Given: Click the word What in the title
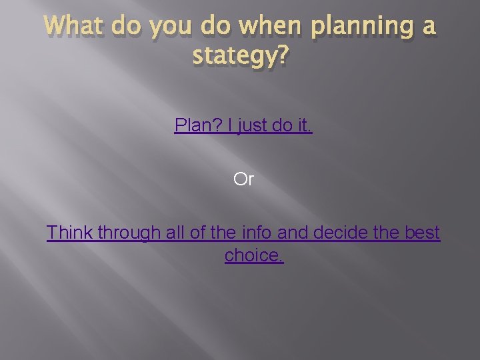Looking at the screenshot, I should tap(73, 27).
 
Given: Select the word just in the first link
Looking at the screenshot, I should tap(252, 125).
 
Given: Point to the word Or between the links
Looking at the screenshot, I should tap(243, 179).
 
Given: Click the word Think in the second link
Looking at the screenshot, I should tap(70, 233).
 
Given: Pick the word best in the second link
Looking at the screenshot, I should tap(423, 233).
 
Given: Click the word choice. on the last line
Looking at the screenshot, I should tap(254, 255).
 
